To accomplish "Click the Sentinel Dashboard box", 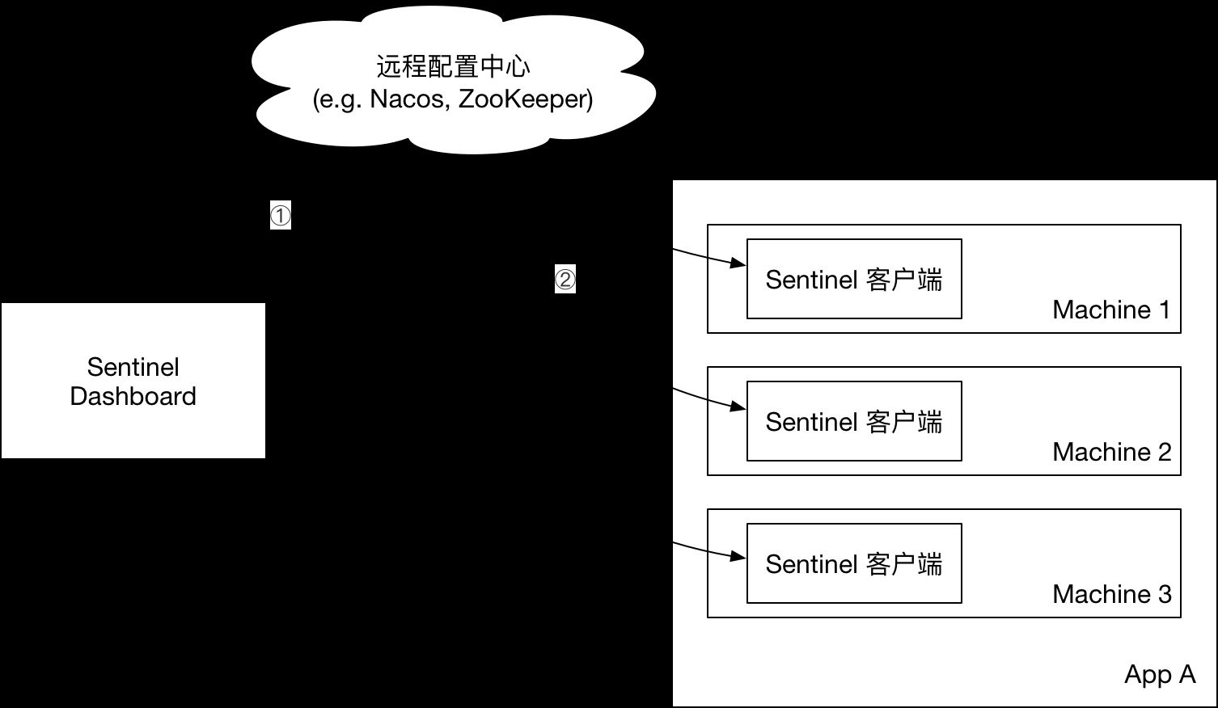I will point(133,381).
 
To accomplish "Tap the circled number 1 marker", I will point(280,216).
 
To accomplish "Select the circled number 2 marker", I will point(565,280).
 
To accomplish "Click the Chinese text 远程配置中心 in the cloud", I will point(453,66).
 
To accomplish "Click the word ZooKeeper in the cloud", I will point(524,99).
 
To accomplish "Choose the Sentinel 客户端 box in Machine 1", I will point(854,280).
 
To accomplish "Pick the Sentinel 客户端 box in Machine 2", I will point(854,422).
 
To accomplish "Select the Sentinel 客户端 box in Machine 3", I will point(854,564).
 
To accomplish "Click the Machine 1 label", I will point(1111,310).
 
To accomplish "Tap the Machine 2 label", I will point(1111,452).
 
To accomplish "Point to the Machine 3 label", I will point(1111,594).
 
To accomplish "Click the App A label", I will point(1159,674).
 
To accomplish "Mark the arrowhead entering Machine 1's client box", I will point(738,263).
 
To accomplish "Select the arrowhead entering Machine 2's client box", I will point(738,406).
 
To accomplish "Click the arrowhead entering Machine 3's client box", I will point(738,556).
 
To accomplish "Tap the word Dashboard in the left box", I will point(133,396).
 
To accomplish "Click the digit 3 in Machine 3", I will point(1164,594).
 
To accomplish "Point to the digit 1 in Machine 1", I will point(1165,310).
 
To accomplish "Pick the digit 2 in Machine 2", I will point(1164,452).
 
